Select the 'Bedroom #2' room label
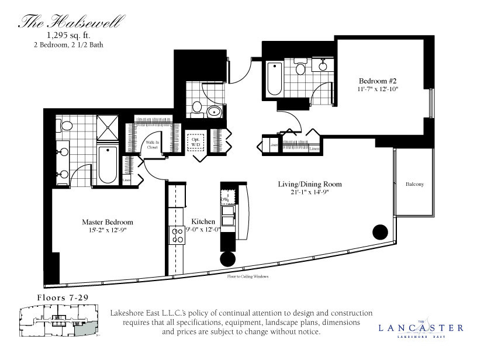point(374,81)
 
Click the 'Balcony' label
point(414,185)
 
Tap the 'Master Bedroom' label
point(107,222)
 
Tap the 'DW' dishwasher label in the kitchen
point(224,199)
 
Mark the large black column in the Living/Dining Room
point(380,232)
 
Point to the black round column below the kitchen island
point(228,259)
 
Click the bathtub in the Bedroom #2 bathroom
point(274,79)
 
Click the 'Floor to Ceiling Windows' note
point(247,276)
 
